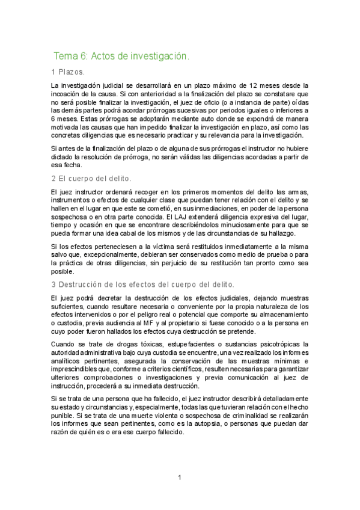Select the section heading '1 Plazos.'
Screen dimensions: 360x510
pos(69,72)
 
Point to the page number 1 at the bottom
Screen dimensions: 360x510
pos(180,478)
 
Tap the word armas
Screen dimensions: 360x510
pos(297,191)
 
